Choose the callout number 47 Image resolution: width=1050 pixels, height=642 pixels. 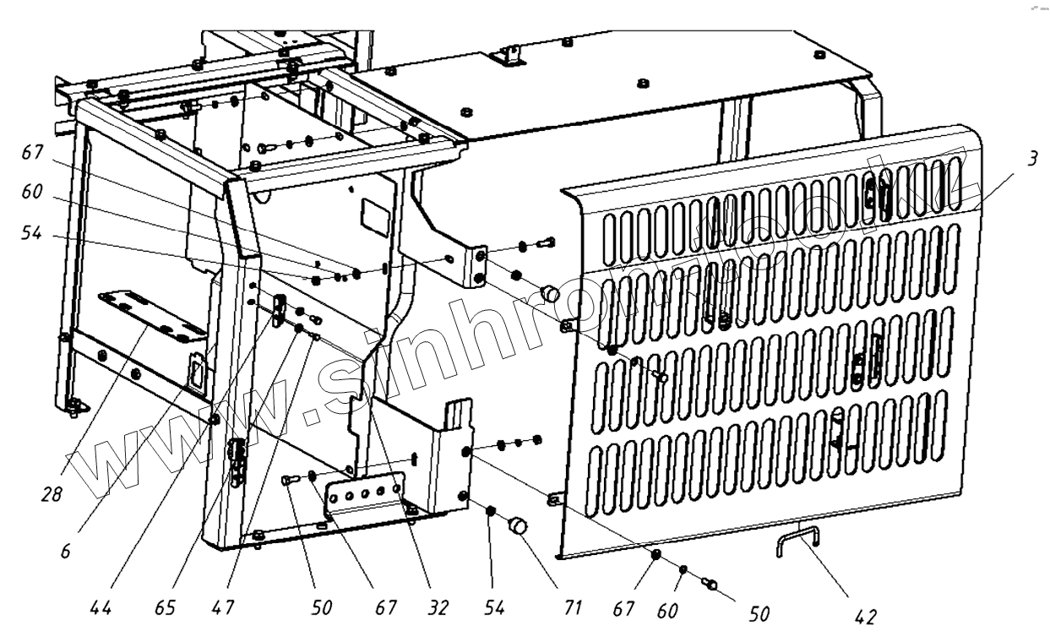[224, 607]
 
